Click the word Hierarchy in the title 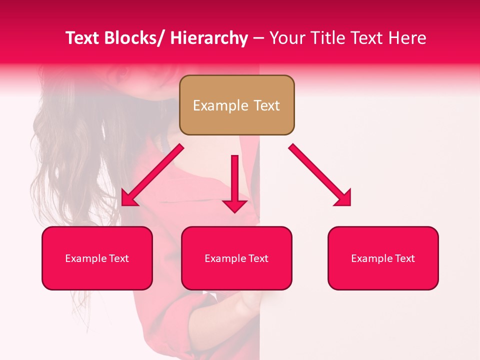(208, 38)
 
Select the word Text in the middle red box (258, 258)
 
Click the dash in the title (258, 38)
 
